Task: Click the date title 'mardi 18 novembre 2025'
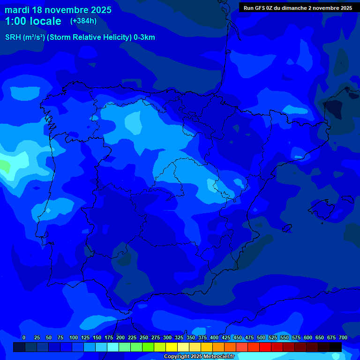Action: coord(58,10)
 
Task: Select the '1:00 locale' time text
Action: coord(33,21)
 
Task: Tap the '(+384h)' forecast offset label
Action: coord(84,21)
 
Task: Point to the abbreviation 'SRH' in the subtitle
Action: coord(13,37)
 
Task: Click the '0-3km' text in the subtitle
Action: coord(144,37)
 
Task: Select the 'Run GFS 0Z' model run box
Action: coord(298,8)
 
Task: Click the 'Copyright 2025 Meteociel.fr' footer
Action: coord(199,357)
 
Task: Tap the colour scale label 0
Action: coord(24,337)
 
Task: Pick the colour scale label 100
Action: coord(74,337)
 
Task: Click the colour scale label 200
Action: coord(120,337)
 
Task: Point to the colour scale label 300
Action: coord(167,337)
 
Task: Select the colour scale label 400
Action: coord(214,337)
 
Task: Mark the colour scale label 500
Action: coord(261,337)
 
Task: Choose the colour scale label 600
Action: coord(308,337)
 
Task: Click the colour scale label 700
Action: coord(343,337)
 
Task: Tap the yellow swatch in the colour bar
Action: coord(172,347)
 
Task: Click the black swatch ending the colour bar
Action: coord(336,347)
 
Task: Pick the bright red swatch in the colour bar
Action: coord(265,347)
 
